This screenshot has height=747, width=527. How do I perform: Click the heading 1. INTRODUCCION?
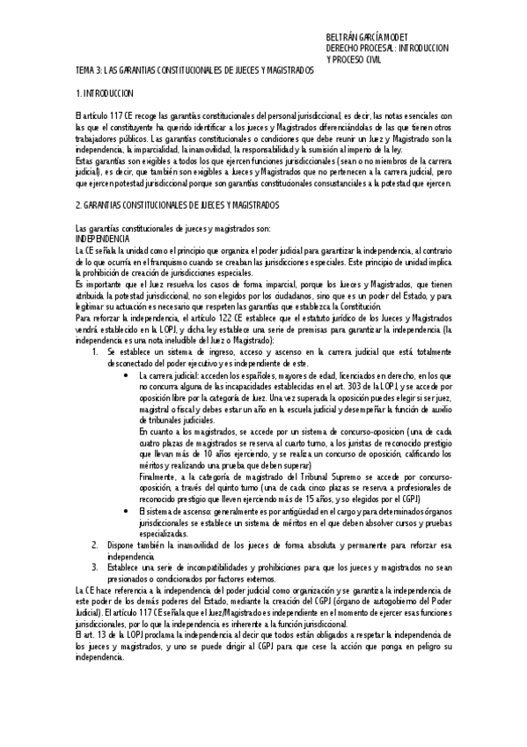tap(105, 92)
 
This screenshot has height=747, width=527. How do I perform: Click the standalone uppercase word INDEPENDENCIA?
tap(102, 239)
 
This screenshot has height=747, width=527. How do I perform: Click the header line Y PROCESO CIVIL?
tap(355, 60)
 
